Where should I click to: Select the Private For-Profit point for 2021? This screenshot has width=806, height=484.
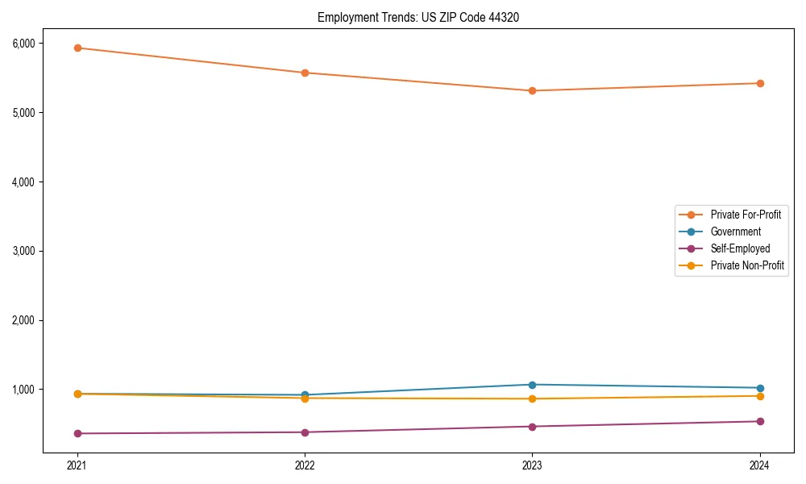77,48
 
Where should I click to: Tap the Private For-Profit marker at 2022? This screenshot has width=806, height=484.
305,73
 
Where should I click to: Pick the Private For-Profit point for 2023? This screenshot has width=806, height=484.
532,90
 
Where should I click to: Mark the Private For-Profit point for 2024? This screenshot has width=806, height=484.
760,83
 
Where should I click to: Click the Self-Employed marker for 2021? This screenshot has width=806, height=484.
77,433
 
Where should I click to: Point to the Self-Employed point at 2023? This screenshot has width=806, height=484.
532,426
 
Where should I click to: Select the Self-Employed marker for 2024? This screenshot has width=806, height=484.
760,421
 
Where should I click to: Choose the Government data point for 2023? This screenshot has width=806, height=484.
532,385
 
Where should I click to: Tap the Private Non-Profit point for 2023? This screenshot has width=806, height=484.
532,398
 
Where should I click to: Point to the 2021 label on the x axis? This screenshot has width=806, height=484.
77,465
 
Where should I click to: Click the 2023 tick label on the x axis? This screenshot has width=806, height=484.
532,465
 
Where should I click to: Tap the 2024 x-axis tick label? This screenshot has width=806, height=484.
760,465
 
